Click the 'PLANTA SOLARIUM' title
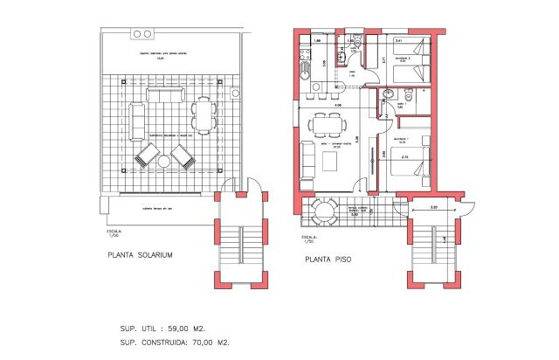pos(140,254)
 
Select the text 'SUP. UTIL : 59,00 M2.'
pos(164,329)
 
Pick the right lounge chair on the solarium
pos(182,156)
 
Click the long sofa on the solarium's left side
pos(136,121)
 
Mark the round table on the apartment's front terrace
pos(324,210)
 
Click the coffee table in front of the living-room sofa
pos(330,162)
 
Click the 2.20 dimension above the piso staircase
pos(433,207)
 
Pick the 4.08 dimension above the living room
pos(337,106)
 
